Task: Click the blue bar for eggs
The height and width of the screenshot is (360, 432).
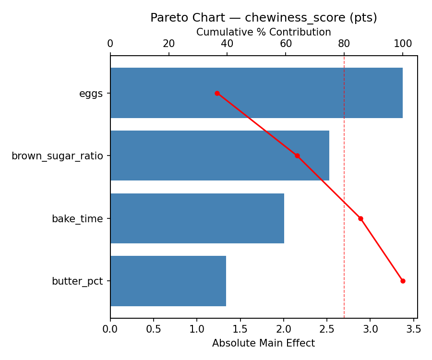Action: tap(256, 93)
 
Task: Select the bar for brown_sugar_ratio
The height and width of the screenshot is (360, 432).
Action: tap(220, 156)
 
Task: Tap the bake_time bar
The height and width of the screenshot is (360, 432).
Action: tap(197, 218)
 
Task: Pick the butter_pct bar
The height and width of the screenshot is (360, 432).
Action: tap(168, 281)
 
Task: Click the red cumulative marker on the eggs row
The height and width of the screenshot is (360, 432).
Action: tap(217, 93)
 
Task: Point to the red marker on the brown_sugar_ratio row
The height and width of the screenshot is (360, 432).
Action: tap(297, 156)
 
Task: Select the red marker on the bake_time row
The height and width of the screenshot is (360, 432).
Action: tap(360, 218)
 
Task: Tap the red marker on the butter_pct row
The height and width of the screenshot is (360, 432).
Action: tap(403, 281)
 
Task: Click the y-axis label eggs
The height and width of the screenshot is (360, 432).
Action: tap(91, 94)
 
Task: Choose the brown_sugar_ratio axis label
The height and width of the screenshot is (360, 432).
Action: tap(57, 156)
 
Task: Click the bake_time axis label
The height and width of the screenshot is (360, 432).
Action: tap(77, 219)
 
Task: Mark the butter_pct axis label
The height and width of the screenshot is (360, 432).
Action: tap(77, 281)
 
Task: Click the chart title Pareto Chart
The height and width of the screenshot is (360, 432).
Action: tap(264, 18)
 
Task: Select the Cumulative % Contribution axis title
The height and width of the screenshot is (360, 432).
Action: tap(264, 32)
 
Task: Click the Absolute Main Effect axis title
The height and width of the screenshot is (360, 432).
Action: tap(264, 343)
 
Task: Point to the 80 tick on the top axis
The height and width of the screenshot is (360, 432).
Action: tap(344, 43)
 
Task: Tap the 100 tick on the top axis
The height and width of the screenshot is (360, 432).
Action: tap(403, 43)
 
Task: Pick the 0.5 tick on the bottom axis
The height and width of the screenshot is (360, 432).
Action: tap(154, 329)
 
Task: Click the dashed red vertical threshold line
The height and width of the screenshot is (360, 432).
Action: tap(344, 192)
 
